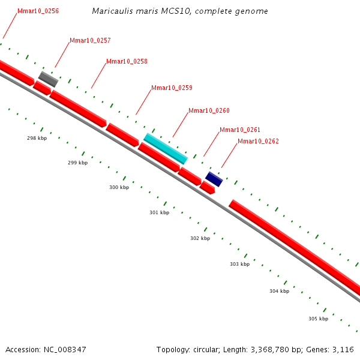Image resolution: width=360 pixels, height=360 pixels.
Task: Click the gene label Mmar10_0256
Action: [38, 11]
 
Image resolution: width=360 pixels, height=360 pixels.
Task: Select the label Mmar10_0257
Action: [90, 40]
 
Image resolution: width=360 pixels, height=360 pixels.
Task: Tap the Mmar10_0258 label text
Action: [127, 61]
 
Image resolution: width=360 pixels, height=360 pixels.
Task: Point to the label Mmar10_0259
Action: [172, 88]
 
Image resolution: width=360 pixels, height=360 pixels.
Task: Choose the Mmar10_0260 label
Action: [209, 110]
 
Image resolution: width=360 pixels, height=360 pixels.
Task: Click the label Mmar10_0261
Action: [240, 130]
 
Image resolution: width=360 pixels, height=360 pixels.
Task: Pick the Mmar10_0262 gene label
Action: [258, 141]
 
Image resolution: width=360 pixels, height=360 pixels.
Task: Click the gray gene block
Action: [49, 79]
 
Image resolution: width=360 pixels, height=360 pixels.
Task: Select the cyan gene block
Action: [166, 148]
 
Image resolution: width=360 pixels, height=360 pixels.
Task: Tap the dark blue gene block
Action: [214, 179]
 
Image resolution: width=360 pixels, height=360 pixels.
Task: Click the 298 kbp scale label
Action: [37, 138]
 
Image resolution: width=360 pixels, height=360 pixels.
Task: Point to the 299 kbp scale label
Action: [77, 163]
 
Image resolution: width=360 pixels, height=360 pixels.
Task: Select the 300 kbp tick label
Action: [119, 187]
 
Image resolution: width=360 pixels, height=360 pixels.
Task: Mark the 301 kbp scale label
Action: [159, 212]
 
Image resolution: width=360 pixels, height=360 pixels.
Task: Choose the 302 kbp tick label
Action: [200, 238]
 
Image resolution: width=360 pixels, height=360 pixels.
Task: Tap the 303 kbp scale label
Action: [239, 264]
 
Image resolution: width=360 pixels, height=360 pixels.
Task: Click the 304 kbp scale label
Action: [279, 291]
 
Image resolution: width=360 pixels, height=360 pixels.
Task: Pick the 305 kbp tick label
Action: [318, 319]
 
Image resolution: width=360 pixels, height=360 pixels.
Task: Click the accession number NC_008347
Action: [64, 349]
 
